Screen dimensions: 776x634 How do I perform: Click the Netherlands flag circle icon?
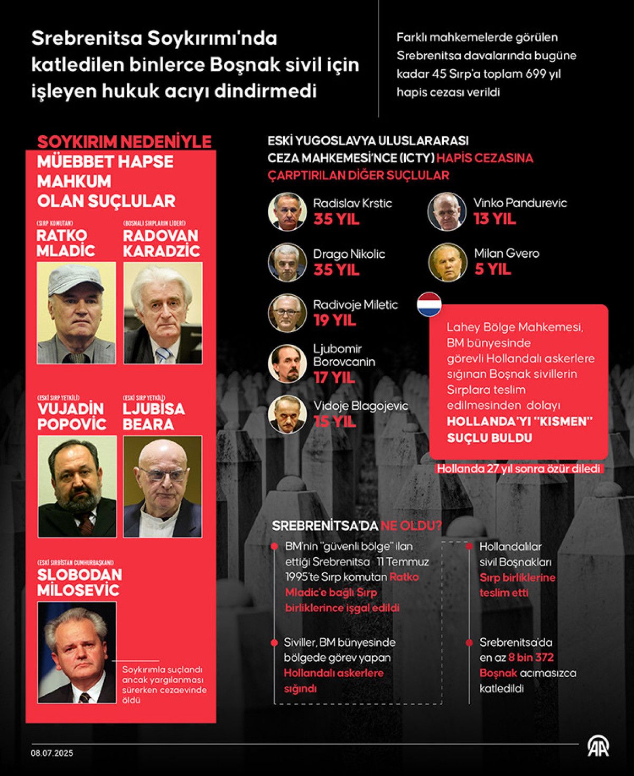[x=429, y=304]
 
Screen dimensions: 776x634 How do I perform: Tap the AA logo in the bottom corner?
[x=598, y=746]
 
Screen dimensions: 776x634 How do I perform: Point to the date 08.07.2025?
[x=52, y=753]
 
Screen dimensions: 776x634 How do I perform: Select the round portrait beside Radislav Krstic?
[x=287, y=211]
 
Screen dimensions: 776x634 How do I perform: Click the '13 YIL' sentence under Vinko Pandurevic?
[x=495, y=219]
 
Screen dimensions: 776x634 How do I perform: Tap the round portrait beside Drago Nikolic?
[x=287, y=263]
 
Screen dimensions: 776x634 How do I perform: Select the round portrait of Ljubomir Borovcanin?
[x=287, y=363]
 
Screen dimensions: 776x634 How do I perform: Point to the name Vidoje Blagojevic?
[x=361, y=406]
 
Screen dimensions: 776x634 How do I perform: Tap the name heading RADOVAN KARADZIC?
[x=161, y=243]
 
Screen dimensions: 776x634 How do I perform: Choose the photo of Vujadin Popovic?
[x=77, y=486]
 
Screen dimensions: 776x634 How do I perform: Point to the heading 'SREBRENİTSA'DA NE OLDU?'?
[x=357, y=526]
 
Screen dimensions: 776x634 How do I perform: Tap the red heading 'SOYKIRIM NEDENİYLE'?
[x=124, y=142]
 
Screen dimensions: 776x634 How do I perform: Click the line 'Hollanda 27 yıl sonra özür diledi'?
[x=518, y=469]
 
